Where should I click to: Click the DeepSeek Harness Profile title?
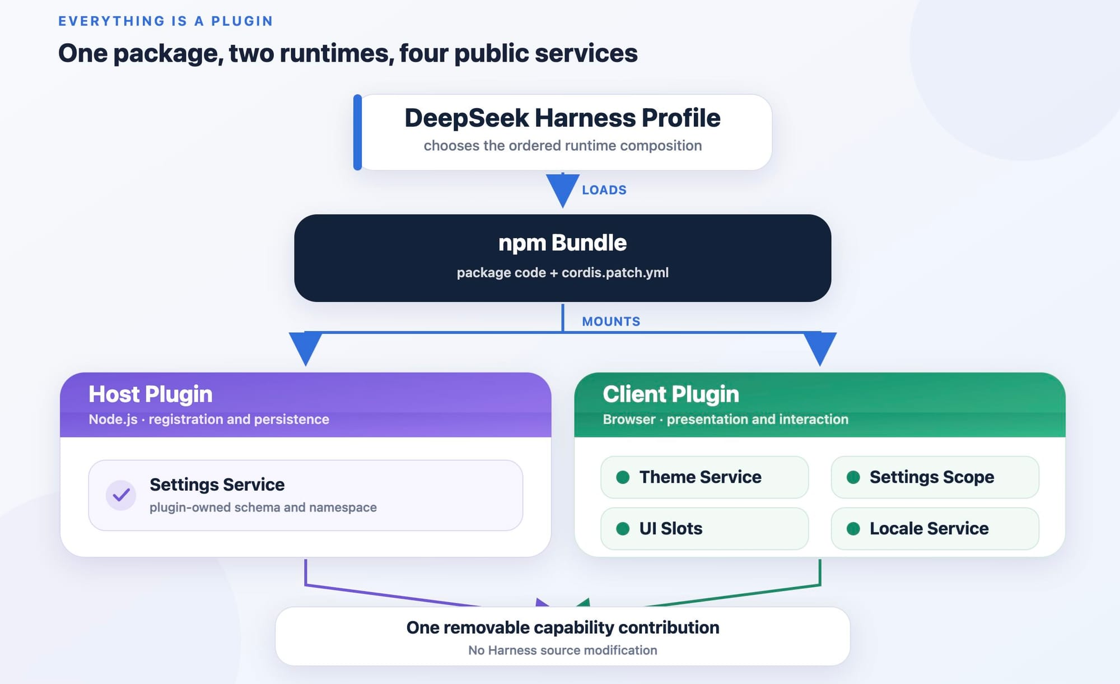click(562, 118)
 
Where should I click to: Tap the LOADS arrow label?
click(604, 190)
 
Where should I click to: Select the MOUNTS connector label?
click(611, 322)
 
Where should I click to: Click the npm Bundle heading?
click(562, 243)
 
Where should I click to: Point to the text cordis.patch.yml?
click(615, 273)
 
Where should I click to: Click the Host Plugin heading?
click(151, 394)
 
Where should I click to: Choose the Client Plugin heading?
click(671, 394)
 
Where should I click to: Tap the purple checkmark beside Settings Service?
click(121, 495)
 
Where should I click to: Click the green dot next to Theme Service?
click(623, 477)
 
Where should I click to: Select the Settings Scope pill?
click(935, 477)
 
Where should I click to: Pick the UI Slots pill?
click(704, 529)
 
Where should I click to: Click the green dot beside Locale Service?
click(853, 529)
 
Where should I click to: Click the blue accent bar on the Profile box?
click(357, 132)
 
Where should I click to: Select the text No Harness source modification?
click(563, 650)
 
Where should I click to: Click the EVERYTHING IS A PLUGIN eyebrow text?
click(166, 21)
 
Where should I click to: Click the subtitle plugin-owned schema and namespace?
click(263, 508)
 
